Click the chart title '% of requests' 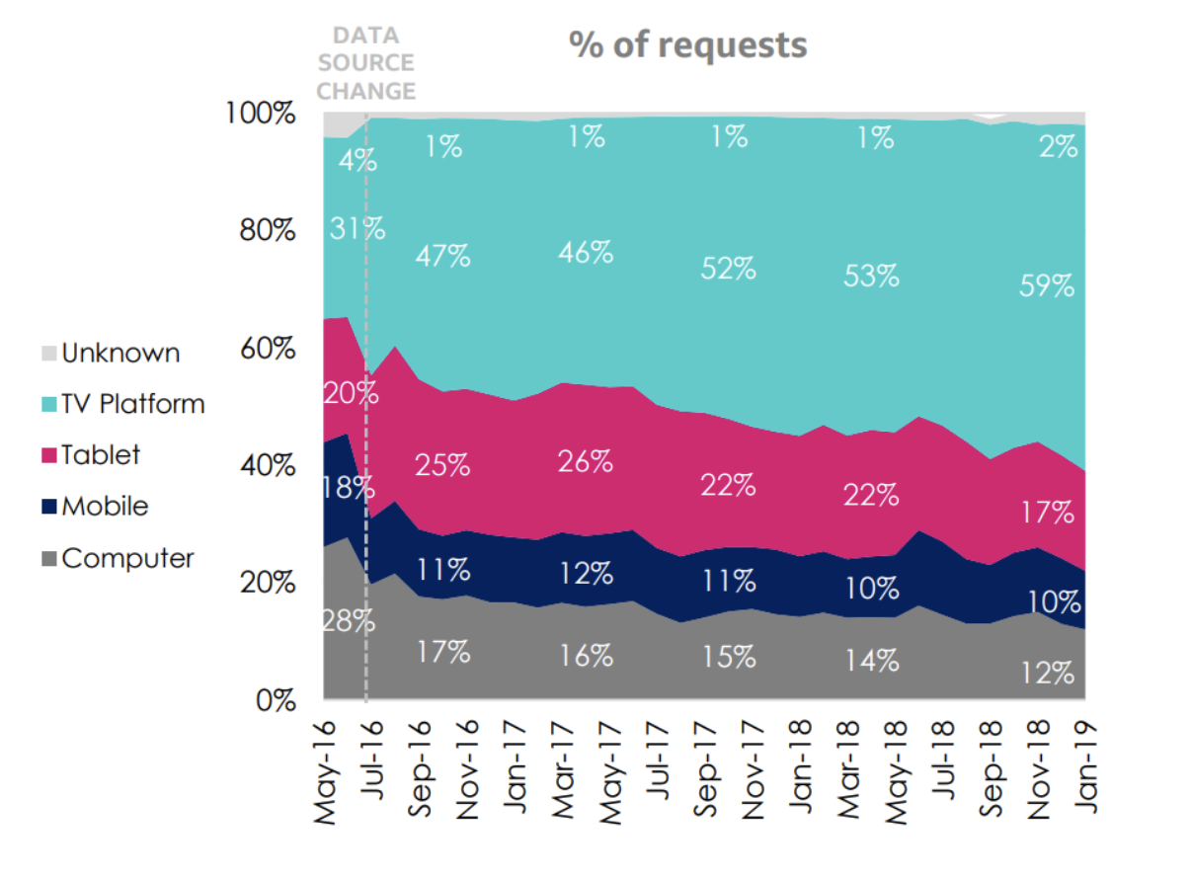[687, 44]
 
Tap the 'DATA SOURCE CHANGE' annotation [366, 63]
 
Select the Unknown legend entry [120, 353]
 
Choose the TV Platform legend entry [132, 404]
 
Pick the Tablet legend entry [100, 455]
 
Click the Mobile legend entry [104, 507]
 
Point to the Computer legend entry [126, 558]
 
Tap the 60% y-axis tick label [268, 349]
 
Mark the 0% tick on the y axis [274, 700]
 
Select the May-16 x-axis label [327, 770]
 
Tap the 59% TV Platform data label [1047, 286]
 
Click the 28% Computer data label [347, 621]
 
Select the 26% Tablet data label [585, 460]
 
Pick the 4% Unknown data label [357, 159]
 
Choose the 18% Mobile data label [347, 488]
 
